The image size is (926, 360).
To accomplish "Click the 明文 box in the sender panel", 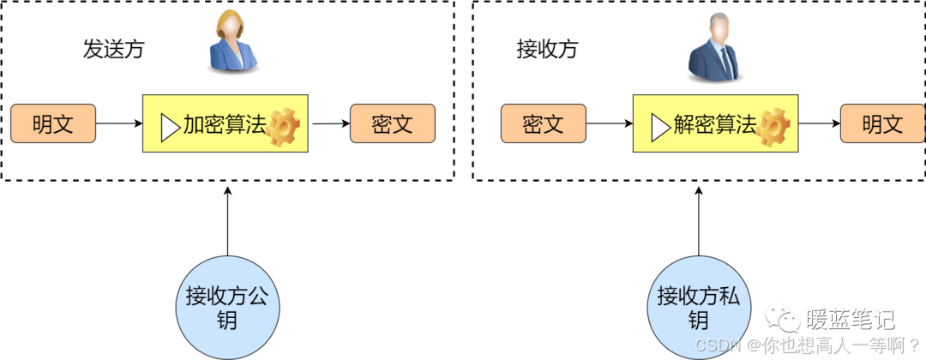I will coord(53,124).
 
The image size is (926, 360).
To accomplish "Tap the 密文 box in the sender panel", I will coord(393,124).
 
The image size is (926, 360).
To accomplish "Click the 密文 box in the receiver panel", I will coord(544,124).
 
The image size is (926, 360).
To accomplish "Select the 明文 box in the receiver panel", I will coord(882,124).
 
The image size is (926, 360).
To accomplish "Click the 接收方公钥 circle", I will coord(227,308).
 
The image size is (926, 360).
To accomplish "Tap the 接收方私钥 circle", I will coord(699,308).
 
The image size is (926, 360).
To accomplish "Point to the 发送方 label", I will coord(113,49).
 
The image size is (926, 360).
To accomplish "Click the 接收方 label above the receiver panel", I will coord(547,49).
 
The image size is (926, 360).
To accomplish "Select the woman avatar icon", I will coord(233,42).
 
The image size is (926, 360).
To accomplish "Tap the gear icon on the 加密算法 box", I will coord(283,126).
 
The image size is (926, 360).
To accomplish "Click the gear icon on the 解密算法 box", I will coord(773,126).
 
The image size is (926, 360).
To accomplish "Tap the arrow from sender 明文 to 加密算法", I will coord(119,124).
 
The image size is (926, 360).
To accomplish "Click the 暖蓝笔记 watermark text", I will coord(851,320).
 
